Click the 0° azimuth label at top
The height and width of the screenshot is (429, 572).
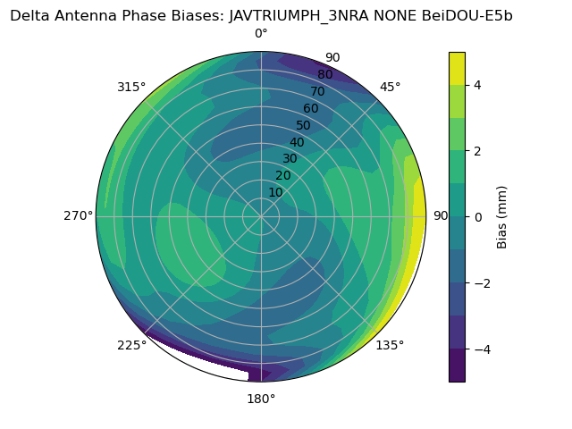(x=261, y=33)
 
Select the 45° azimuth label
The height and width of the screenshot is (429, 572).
(x=390, y=87)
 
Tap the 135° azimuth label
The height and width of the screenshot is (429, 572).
(x=390, y=345)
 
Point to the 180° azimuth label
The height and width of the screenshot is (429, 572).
(x=261, y=399)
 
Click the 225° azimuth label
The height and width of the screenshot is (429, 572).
(x=131, y=345)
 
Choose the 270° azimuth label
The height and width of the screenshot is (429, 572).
(x=78, y=215)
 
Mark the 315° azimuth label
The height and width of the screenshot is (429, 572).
(x=131, y=87)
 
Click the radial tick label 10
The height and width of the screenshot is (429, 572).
(x=276, y=192)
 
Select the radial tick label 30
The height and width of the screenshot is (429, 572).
(x=290, y=158)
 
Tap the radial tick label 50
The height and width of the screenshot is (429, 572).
(x=304, y=125)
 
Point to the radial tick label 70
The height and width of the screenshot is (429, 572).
(x=317, y=91)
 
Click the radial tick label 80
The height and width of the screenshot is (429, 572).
(x=324, y=74)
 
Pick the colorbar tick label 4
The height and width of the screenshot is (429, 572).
(x=477, y=85)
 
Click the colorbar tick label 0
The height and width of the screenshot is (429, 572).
(x=477, y=216)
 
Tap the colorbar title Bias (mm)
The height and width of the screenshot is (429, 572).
(x=502, y=216)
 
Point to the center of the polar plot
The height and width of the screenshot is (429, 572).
(x=261, y=215)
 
